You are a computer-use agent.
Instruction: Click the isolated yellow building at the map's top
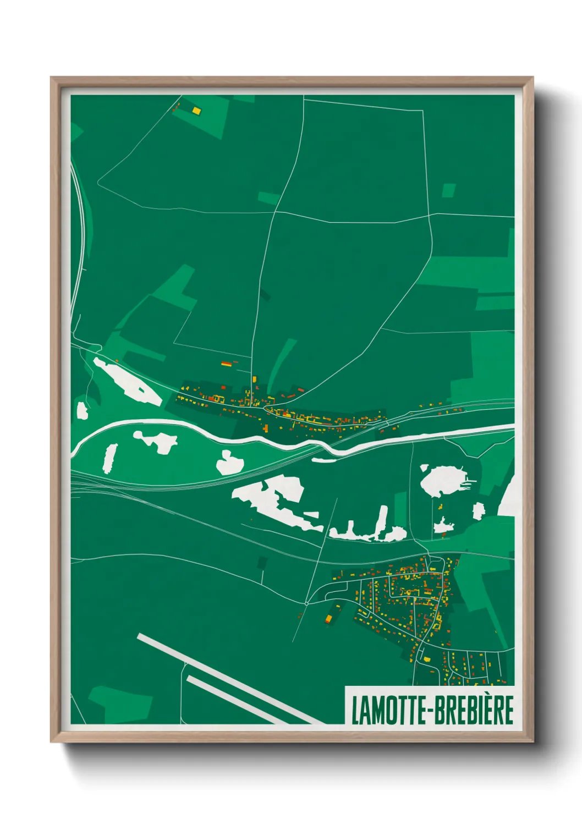point(196,111)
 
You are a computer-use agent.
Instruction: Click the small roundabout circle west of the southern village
point(306,603)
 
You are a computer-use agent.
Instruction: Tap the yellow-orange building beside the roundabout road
point(329,619)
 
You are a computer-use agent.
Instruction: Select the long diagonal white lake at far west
point(127,381)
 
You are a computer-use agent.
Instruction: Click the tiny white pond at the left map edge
point(82,410)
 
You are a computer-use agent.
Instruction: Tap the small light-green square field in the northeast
point(449,190)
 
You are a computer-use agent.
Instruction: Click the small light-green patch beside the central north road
point(268,198)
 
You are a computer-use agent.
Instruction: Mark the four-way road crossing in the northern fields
point(274,212)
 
